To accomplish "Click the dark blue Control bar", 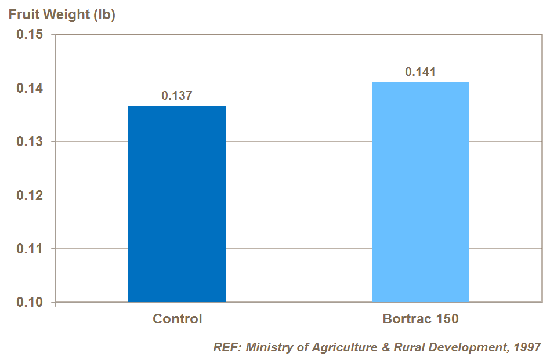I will (176, 203).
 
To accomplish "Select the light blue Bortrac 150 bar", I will (420, 192).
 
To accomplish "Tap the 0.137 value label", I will (176, 96).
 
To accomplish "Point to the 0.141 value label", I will (420, 72).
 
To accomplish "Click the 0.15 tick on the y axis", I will (29, 35).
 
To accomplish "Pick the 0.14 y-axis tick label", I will (29, 88).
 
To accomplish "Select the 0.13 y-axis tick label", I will (29, 142).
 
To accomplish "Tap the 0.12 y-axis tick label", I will (29, 195).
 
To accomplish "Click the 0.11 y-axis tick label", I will (29, 249).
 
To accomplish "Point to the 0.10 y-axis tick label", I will (29, 303).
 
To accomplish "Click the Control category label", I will (177, 319).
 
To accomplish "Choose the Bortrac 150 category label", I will (421, 319).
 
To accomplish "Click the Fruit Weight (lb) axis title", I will (62, 15).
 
